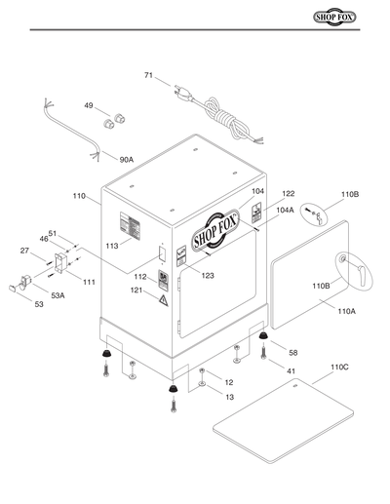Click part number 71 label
click(x=148, y=75)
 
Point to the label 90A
click(x=127, y=159)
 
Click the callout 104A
click(x=286, y=210)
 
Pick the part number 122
click(x=289, y=194)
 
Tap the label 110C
click(x=339, y=367)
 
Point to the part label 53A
click(x=58, y=295)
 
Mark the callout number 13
click(x=229, y=397)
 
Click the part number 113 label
click(x=112, y=247)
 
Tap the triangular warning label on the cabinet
click(x=164, y=303)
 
